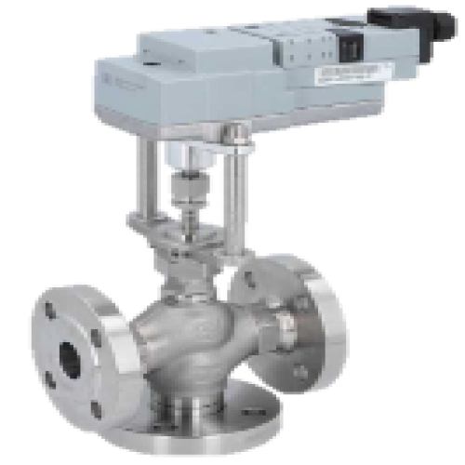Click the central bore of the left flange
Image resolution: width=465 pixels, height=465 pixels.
pos(71,358)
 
